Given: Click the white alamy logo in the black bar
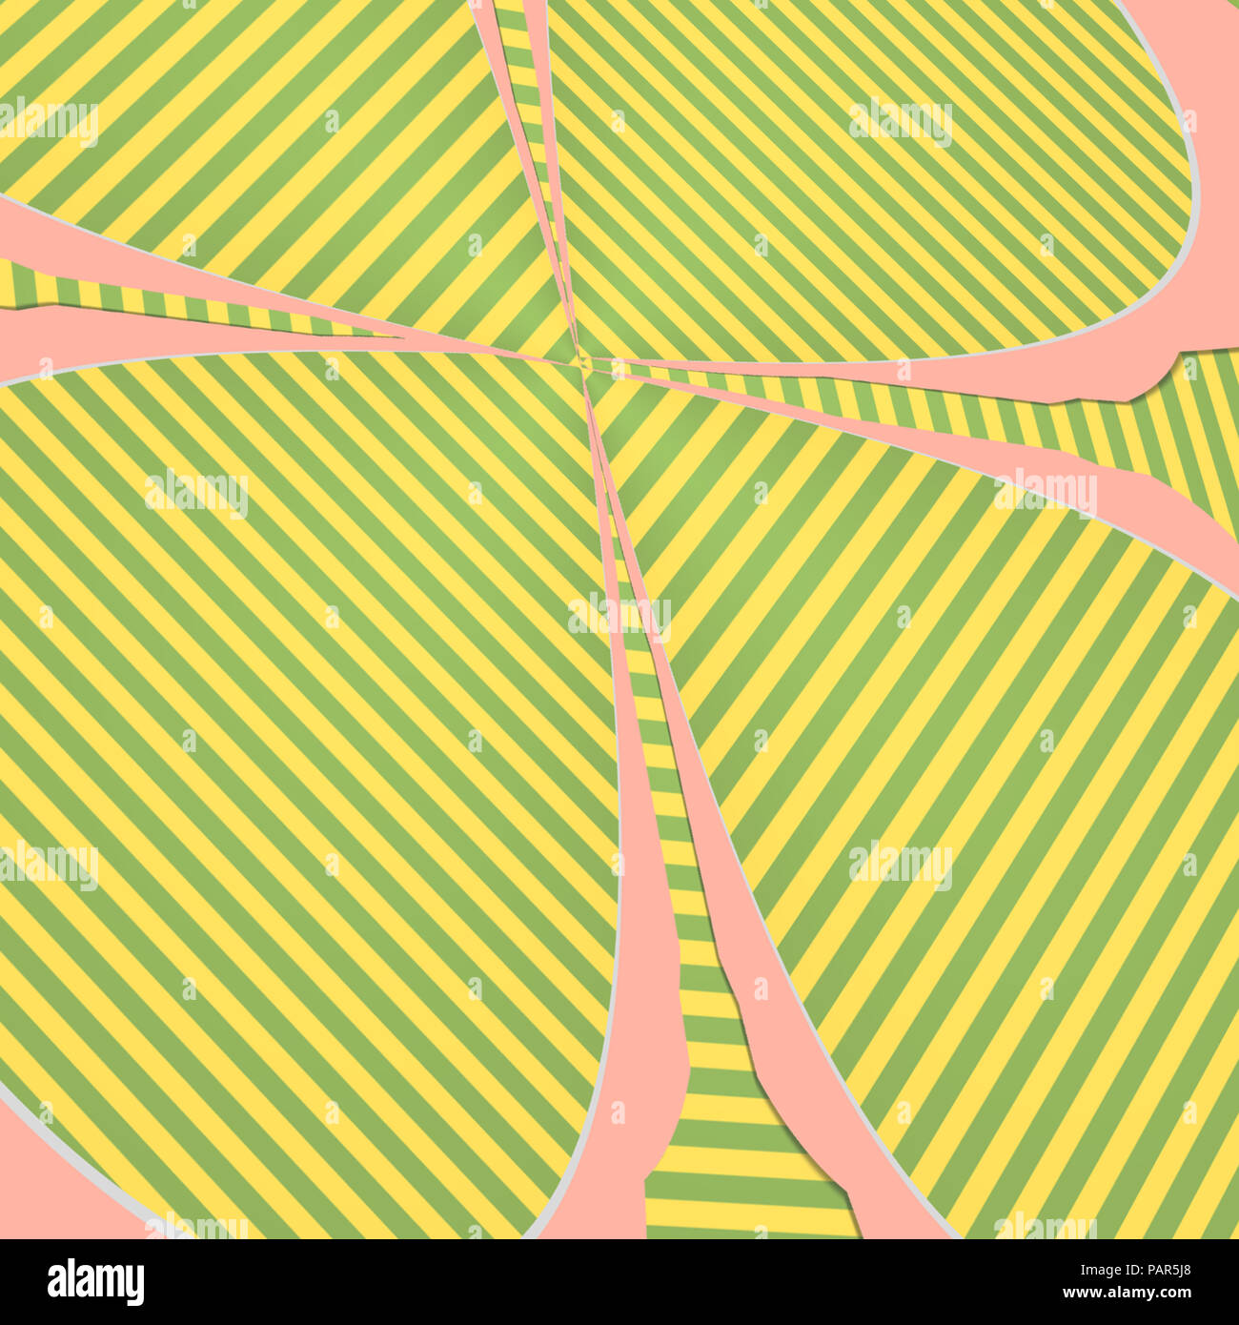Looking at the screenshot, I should pos(96,1282).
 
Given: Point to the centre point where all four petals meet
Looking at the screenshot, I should pos(583,360).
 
